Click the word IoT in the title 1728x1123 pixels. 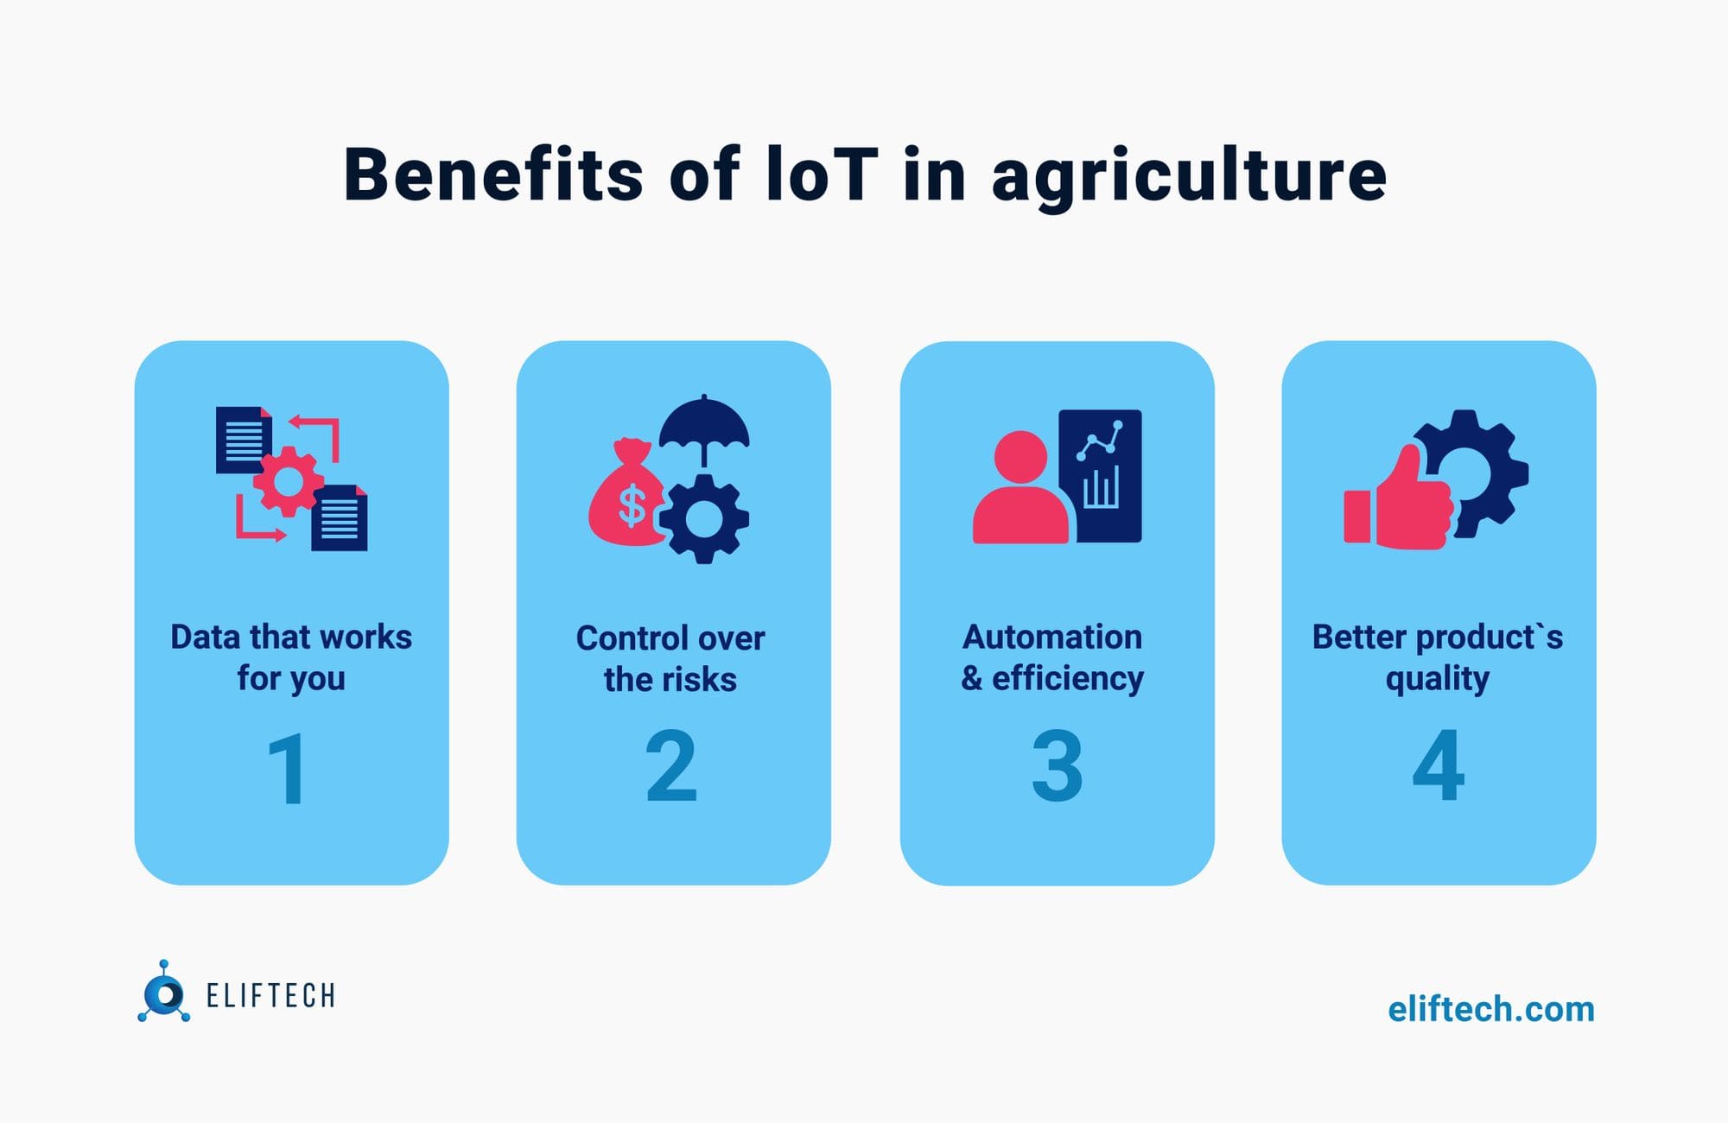coord(822,175)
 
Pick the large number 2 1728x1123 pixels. coord(671,766)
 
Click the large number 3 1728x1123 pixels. coord(1057,766)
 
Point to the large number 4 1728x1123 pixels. coord(1439,766)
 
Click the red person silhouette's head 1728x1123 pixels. coord(1020,456)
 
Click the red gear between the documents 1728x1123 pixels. coord(289,481)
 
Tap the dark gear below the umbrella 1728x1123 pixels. coord(704,519)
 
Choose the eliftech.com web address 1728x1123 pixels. coord(1491,1009)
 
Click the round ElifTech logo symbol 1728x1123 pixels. coord(163,993)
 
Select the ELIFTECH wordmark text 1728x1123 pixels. coord(270,996)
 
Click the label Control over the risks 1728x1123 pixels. coord(670,658)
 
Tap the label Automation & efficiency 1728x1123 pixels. coord(1052,657)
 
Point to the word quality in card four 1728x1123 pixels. coord(1438,679)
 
